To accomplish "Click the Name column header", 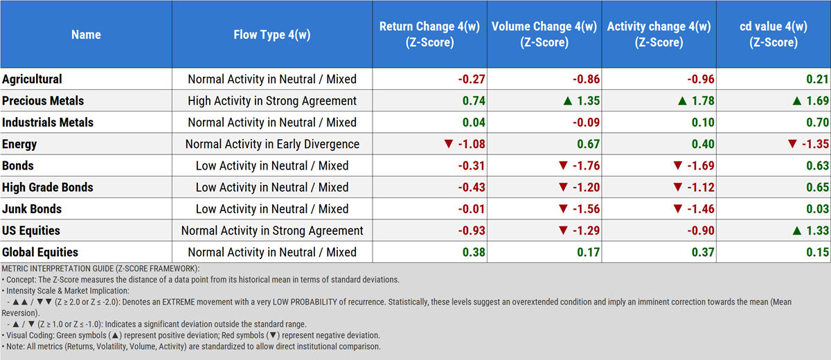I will click(86, 34).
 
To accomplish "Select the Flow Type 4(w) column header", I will click(271, 34).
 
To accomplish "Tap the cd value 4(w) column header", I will click(773, 34).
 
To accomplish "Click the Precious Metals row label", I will click(43, 100).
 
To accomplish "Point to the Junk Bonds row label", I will click(32, 208).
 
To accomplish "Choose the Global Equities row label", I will click(40, 252).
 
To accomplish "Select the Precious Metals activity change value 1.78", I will click(697, 100).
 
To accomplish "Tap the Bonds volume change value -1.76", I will click(583, 165).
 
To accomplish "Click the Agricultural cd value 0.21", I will click(817, 79).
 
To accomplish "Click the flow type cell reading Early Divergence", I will click(272, 144).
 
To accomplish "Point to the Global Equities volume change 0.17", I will click(589, 252).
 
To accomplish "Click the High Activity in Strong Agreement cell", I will click(272, 100).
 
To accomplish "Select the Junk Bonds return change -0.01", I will click(472, 208).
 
